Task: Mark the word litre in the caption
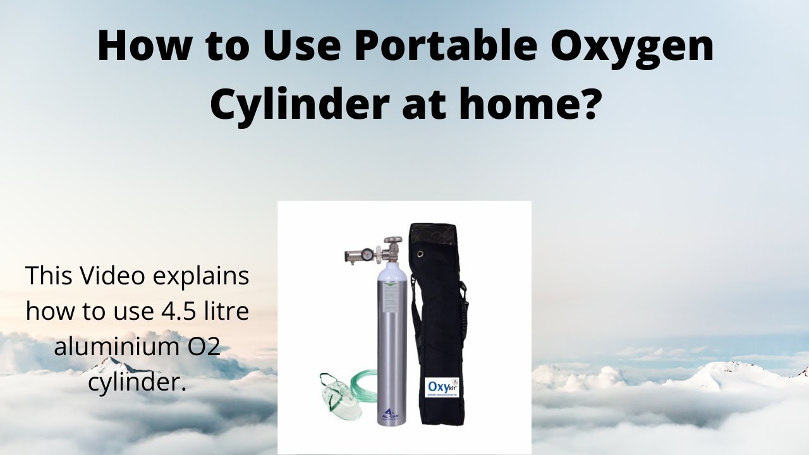pos(225,311)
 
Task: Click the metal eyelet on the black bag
pos(420,253)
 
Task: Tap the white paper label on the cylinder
pos(390,296)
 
